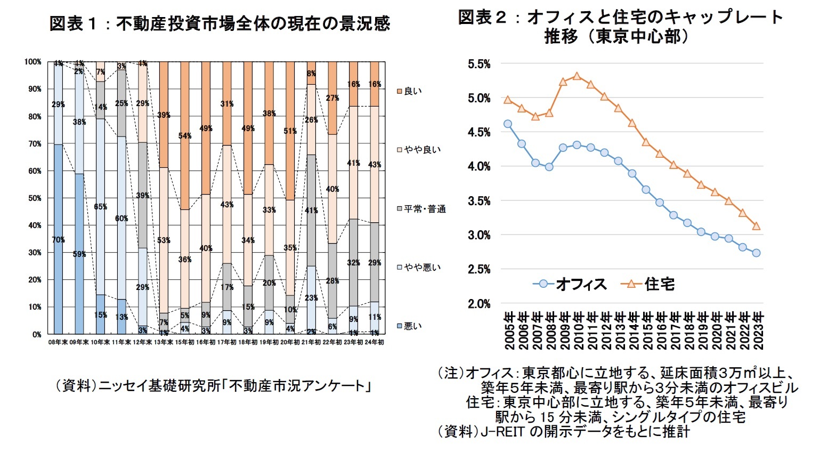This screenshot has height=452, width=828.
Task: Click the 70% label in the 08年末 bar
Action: (58, 240)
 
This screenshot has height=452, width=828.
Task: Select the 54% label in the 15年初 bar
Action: (185, 136)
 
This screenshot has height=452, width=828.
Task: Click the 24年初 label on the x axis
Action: (374, 342)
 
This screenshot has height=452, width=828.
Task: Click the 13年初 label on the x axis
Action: (164, 342)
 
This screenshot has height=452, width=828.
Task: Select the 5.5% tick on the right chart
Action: (478, 64)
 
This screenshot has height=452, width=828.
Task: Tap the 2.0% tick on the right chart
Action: (478, 304)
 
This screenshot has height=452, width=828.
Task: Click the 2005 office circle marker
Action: (507, 124)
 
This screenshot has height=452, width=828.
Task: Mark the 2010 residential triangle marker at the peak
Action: (577, 76)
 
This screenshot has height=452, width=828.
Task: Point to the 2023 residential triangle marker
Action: (756, 226)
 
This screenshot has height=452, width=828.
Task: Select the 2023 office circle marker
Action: (756, 253)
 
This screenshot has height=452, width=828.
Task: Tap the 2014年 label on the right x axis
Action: (632, 330)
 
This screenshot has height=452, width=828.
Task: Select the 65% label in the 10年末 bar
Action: (100, 207)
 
